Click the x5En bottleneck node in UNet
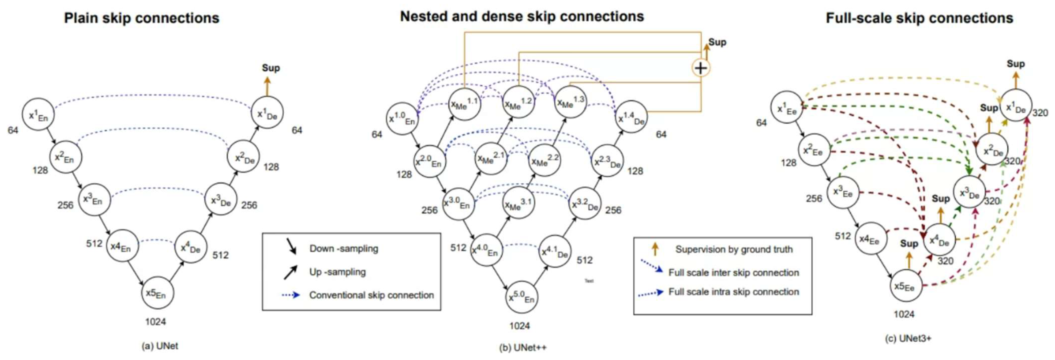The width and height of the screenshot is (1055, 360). coord(157,293)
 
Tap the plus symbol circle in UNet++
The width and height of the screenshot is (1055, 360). coord(701,68)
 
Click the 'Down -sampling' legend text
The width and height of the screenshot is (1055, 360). coord(343,249)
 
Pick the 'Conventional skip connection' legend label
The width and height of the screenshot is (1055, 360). coord(371,295)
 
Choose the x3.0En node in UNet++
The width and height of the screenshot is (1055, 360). coord(458,203)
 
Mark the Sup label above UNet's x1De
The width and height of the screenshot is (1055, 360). coord(271,68)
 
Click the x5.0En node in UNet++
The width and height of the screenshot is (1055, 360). coord(521,297)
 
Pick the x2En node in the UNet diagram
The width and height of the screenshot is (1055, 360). coord(66,157)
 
